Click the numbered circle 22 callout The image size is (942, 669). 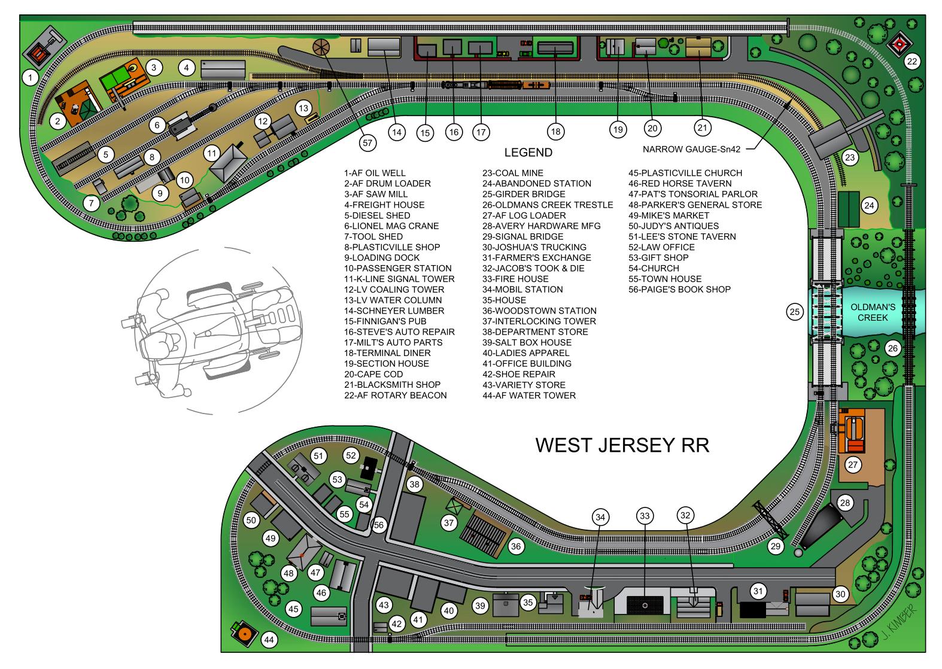click(911, 62)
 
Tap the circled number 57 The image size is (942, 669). click(367, 142)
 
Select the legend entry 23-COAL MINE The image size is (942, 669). click(513, 173)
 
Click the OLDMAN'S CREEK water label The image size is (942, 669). click(873, 312)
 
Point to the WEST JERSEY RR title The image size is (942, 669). click(622, 445)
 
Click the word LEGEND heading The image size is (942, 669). click(528, 152)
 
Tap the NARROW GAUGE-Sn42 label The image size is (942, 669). click(691, 149)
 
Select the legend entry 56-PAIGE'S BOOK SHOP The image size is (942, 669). click(680, 289)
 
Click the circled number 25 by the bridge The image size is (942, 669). click(794, 312)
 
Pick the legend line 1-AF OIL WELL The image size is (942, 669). click(375, 173)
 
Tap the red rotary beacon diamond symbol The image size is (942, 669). click(899, 44)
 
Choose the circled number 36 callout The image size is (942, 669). click(515, 546)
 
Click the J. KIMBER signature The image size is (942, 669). click(899, 622)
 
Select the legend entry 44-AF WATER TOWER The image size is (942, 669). click(529, 396)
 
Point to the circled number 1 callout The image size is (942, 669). click(30, 77)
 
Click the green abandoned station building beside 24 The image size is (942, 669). click(849, 209)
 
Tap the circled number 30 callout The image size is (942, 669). click(840, 594)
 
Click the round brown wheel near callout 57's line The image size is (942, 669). click(321, 47)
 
